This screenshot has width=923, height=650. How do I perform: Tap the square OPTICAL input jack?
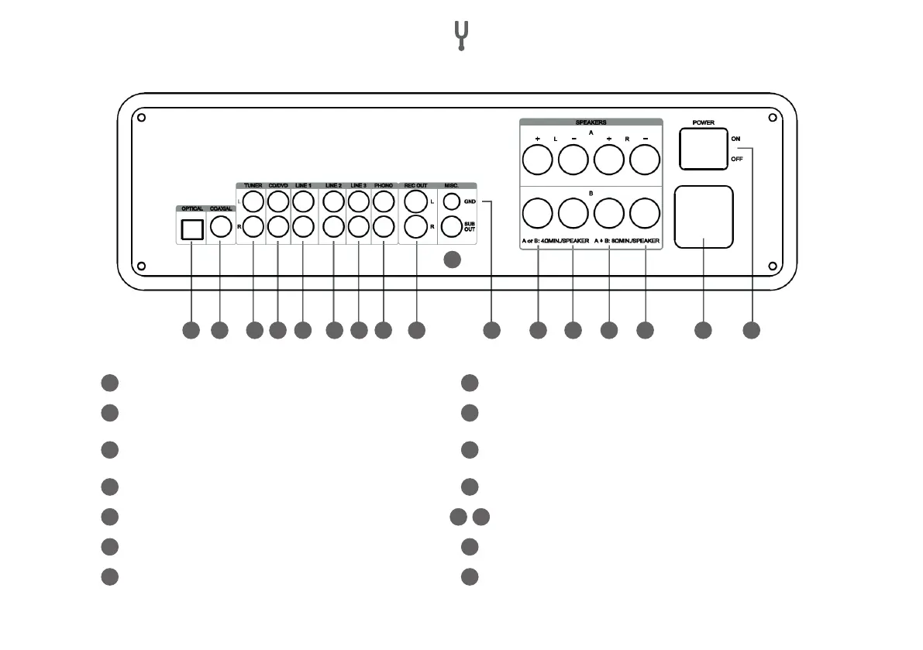(191, 229)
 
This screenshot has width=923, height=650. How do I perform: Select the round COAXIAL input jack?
(220, 227)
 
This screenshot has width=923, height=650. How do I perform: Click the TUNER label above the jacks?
(253, 186)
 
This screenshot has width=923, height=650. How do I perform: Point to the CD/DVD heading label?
(277, 186)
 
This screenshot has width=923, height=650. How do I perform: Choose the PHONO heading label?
(384, 186)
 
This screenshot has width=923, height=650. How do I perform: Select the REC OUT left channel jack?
(416, 203)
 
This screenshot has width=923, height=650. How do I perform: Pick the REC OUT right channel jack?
(416, 227)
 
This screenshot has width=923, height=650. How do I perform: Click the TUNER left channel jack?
(253, 202)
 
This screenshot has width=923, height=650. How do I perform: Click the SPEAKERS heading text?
(591, 122)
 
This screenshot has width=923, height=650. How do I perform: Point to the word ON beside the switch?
(735, 139)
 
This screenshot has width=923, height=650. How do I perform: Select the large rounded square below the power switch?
(703, 217)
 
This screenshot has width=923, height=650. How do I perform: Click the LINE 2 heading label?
(332, 186)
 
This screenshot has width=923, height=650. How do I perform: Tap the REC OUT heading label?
(416, 186)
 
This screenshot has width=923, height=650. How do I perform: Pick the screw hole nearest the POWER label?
(772, 118)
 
